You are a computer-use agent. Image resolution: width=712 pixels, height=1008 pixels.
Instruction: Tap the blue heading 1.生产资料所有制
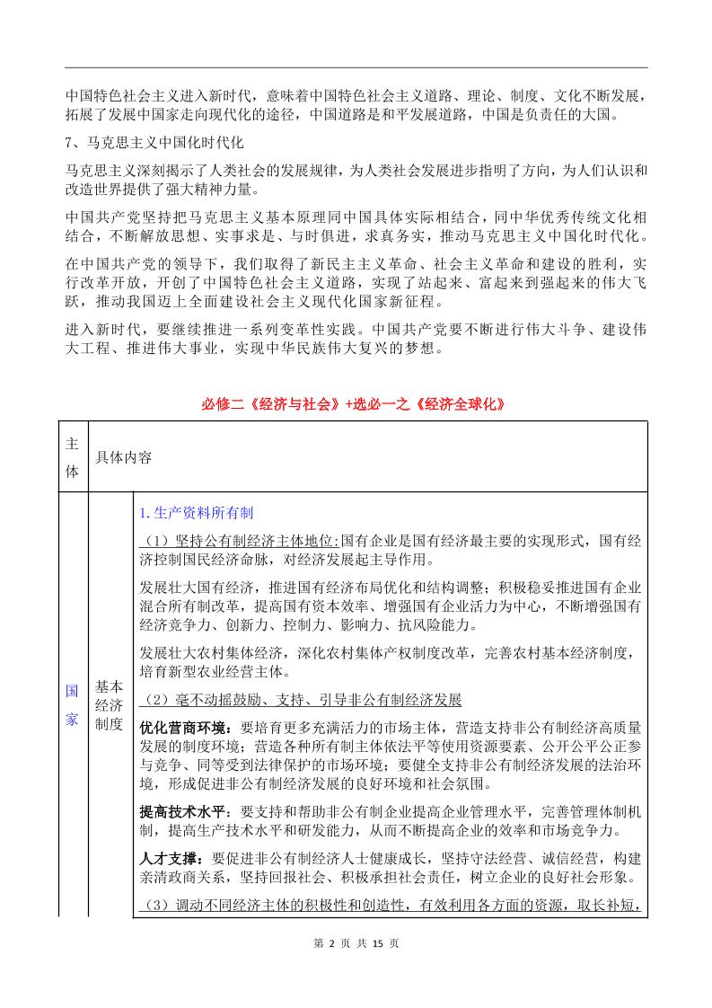pyautogui.click(x=197, y=513)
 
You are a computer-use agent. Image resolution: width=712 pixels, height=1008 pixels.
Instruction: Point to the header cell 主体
pyautogui.click(x=73, y=456)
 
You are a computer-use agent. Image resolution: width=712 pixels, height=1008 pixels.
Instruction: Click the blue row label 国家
pyautogui.click(x=73, y=706)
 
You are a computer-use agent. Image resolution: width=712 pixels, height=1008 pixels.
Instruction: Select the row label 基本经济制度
pyautogui.click(x=109, y=706)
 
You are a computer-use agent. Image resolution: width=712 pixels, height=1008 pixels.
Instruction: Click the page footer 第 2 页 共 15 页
pyautogui.click(x=356, y=968)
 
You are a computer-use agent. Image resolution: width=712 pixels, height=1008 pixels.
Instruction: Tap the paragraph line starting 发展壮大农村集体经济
pyautogui.click(x=391, y=651)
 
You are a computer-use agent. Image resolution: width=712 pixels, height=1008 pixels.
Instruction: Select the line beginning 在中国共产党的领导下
pyautogui.click(x=356, y=266)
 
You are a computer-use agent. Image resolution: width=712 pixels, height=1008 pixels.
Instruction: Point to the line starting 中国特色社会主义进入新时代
pyautogui.click(x=356, y=96)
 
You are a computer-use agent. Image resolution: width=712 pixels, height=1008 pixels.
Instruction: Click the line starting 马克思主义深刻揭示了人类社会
pyautogui.click(x=356, y=170)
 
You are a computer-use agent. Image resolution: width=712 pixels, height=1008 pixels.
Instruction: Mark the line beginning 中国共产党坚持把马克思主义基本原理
pyautogui.click(x=356, y=218)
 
